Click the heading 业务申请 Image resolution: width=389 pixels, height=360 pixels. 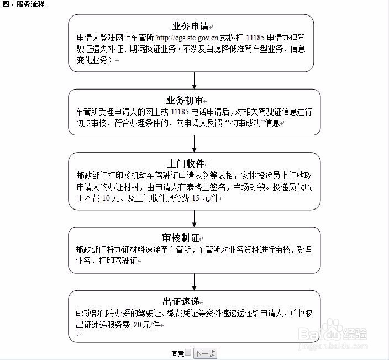[x=190, y=26]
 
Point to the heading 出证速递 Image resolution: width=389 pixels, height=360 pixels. [x=180, y=301]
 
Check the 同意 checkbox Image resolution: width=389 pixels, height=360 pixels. [x=188, y=353]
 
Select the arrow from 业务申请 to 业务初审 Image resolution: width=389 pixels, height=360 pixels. [x=195, y=80]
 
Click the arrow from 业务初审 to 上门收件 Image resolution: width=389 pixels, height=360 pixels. [x=195, y=144]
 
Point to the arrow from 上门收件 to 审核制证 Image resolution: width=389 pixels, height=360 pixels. [x=195, y=218]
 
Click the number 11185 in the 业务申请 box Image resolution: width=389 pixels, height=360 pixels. [x=255, y=39]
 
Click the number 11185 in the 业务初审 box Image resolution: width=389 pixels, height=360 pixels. [x=181, y=112]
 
